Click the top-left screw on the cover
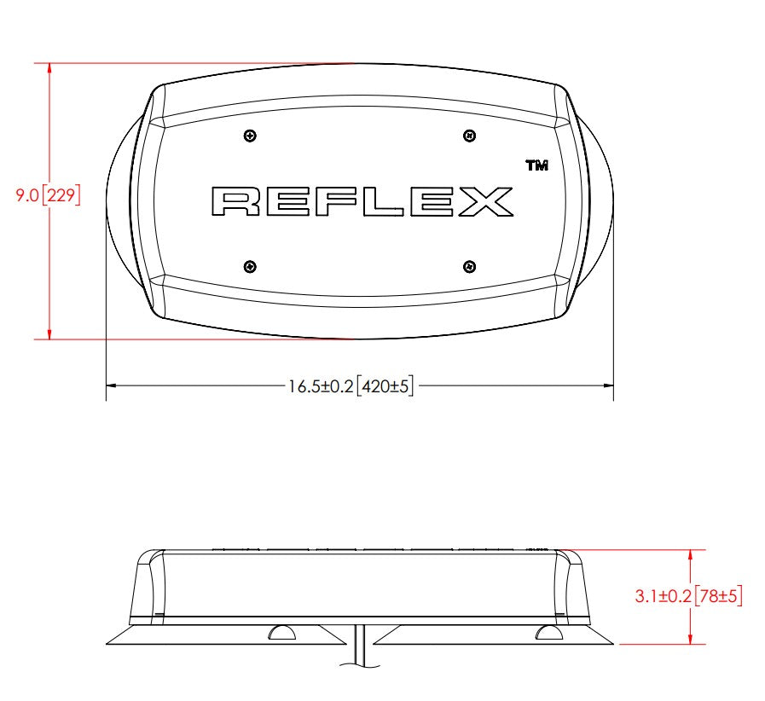(x=250, y=136)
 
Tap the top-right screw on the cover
(x=469, y=136)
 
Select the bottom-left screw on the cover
(x=250, y=267)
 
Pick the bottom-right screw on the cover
(x=469, y=267)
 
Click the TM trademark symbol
(x=536, y=165)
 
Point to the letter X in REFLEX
(x=486, y=201)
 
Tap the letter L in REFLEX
(x=384, y=201)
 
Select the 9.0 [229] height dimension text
(x=48, y=195)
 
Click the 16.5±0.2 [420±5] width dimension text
(x=351, y=386)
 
